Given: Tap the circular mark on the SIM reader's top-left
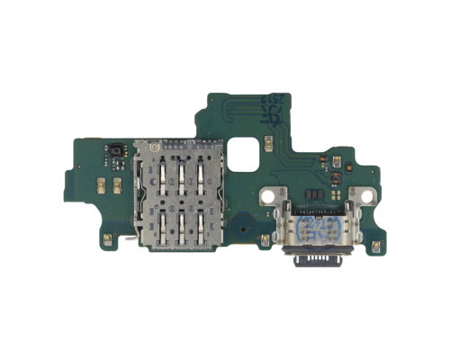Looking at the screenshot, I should click(x=154, y=145).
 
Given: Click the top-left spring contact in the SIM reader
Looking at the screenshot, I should click(x=161, y=168).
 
